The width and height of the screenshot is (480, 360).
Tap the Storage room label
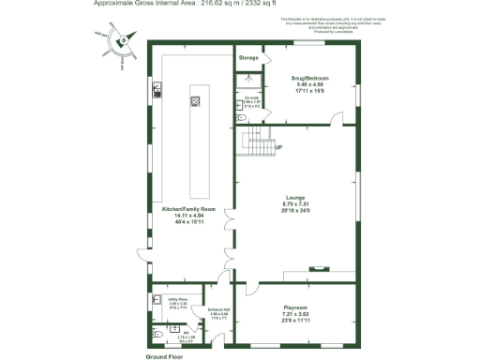click(247, 58)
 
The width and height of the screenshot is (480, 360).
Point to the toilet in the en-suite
click(241, 118)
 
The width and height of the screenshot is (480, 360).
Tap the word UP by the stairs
click(278, 147)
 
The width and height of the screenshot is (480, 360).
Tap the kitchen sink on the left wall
click(157, 91)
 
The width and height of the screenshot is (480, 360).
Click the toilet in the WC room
click(157, 332)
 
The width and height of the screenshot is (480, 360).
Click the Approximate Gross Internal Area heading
click(187, 4)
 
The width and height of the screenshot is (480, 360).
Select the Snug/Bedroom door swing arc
click(335, 118)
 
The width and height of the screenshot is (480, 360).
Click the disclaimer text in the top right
click(319, 22)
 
